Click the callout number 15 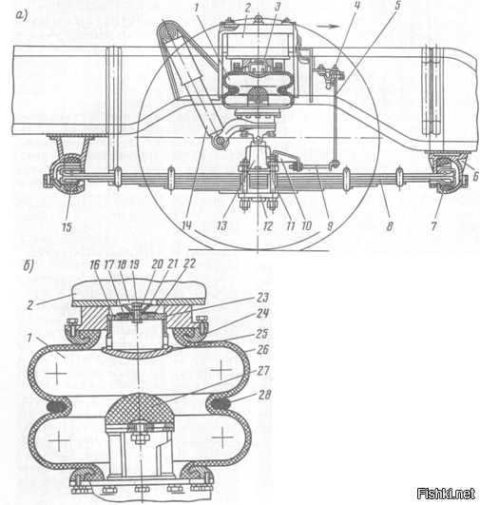point(67,227)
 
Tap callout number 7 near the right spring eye point(433,225)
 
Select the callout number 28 point(264,395)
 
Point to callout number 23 point(262,297)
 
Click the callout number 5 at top point(397,6)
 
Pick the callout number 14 point(186,225)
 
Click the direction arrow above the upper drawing point(328,26)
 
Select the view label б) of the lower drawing point(29,266)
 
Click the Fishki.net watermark point(445,493)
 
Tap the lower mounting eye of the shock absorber point(221,142)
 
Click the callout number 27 point(262,371)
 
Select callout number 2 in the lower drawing point(29,304)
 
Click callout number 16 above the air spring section point(95,264)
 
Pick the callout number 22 point(188,263)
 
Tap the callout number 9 point(329,225)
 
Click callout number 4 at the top point(356,6)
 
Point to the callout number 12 point(268,225)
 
